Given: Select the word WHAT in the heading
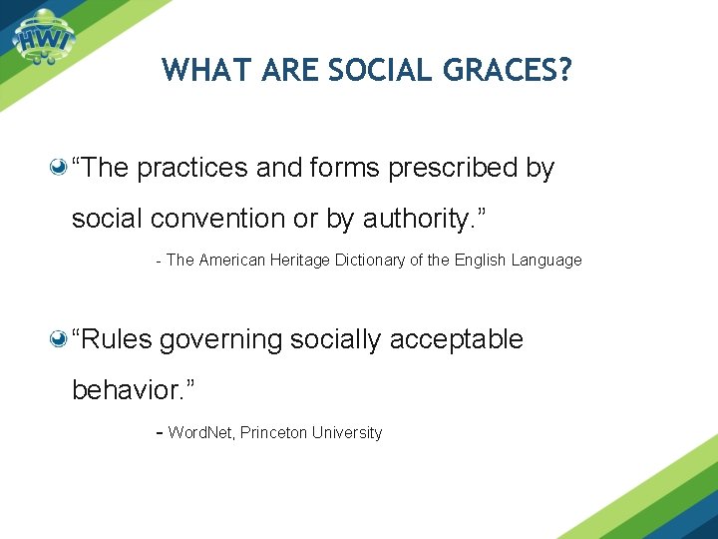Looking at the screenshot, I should point(203,70).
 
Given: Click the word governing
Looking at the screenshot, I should point(221,340).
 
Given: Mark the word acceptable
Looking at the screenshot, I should point(456,340).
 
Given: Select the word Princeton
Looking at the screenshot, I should point(274,433).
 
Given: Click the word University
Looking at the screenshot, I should point(347,433).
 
